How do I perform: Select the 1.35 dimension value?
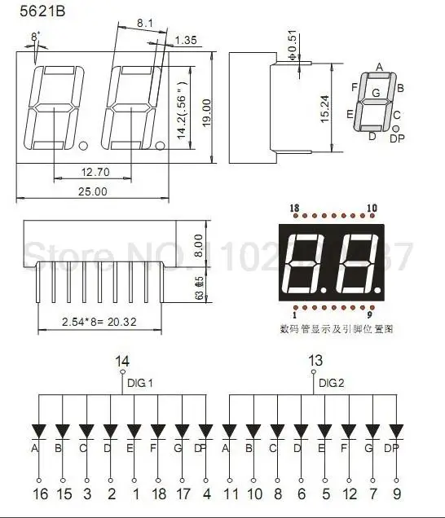(x=187, y=39)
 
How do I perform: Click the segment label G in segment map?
(x=375, y=93)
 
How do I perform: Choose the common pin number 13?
(x=315, y=359)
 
